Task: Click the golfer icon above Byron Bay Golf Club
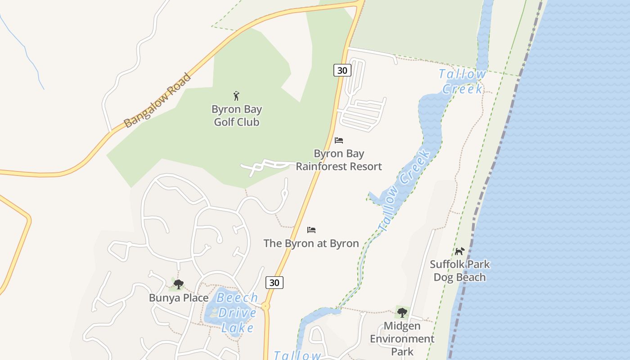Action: tap(237, 96)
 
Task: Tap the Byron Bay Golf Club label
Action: tap(237, 116)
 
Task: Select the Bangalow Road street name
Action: tap(157, 100)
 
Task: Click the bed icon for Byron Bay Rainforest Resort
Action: tap(339, 140)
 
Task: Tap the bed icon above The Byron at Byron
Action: tap(311, 230)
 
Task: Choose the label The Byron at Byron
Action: tap(311, 243)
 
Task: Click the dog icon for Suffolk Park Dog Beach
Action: tap(459, 251)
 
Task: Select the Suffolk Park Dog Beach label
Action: tap(459, 270)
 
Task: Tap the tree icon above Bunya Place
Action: tap(179, 284)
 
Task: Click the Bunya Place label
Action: tap(179, 298)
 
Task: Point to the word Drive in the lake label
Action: tap(237, 313)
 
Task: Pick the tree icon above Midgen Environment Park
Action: tap(402, 312)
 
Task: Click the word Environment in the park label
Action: tap(402, 339)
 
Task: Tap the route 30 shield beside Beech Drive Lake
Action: tap(274, 283)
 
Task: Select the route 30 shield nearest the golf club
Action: tap(342, 70)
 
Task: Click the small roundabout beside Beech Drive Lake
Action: tap(265, 306)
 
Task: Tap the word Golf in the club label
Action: tap(224, 122)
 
